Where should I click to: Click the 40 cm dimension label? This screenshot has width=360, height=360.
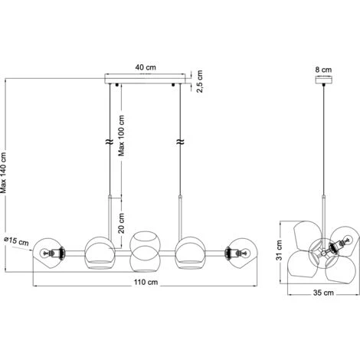coord(146,67)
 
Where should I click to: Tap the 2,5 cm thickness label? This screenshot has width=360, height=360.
coord(199,81)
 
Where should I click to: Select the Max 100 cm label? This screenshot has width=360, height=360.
coord(121,136)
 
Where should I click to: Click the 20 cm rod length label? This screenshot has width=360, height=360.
coord(122,223)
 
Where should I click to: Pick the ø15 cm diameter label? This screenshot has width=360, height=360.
coord(17,241)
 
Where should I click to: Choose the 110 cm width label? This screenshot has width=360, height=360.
coord(146,282)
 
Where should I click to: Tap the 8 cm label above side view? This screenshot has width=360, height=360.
coord(323,70)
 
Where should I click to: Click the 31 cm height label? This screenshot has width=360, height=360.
coord(279,250)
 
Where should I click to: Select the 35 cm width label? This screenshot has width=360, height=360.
coord(323,293)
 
